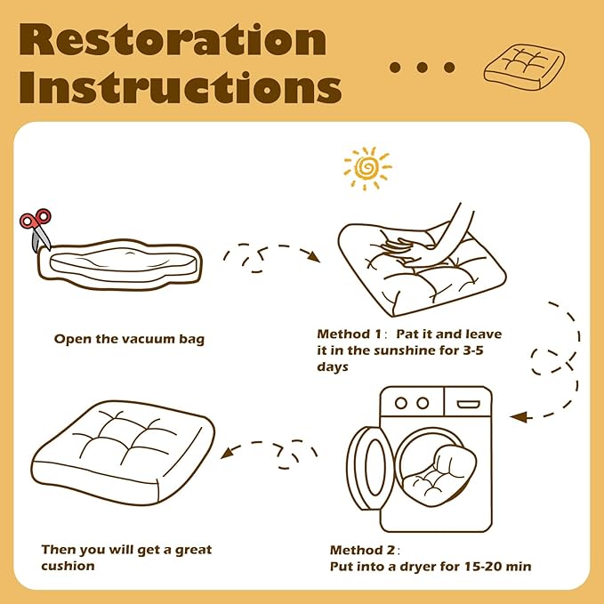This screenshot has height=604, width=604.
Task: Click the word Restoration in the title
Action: (173, 40)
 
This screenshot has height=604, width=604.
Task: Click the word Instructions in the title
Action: (181, 87)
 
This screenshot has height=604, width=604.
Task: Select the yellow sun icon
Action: (367, 168)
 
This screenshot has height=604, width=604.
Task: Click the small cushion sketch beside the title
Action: (524, 68)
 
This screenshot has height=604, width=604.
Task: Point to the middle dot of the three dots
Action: (423, 68)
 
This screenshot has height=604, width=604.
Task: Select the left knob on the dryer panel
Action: (400, 403)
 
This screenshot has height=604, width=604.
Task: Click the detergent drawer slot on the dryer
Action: (469, 404)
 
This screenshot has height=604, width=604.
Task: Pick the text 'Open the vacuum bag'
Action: (130, 340)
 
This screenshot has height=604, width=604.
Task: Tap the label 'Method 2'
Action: (362, 550)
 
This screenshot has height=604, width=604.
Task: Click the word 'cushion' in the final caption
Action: (68, 566)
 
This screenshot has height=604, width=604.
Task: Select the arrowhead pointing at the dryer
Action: (519, 417)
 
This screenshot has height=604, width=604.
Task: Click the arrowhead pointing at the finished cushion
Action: (227, 453)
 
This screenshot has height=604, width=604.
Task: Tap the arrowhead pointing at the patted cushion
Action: (313, 256)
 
